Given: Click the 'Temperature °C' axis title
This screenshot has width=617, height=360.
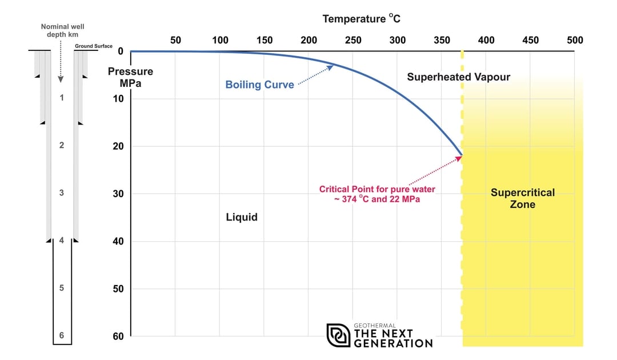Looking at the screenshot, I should pos(361,19).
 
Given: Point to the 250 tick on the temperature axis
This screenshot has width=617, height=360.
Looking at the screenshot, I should pos(353,40).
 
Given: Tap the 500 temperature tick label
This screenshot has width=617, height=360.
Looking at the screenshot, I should pos(575,40).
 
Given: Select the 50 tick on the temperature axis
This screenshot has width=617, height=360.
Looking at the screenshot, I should pos(175,40).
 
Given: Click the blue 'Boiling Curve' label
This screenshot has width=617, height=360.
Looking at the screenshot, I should pos(259,85).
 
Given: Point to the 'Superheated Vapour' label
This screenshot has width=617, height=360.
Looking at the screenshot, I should pos(458,77).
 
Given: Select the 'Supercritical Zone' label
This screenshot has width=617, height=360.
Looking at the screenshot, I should pos(522,198).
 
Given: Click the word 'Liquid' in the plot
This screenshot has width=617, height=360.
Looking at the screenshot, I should pos(242,217).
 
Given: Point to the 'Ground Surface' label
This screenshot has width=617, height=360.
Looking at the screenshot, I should pos(94,46).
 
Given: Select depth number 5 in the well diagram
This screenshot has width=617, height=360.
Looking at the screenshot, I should pos(62,288).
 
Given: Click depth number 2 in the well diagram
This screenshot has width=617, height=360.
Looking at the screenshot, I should pos(62,145).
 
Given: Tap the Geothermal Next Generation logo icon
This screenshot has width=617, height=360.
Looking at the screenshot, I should pos(338,335).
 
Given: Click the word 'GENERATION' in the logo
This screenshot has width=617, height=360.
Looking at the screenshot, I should pos(393,343).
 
